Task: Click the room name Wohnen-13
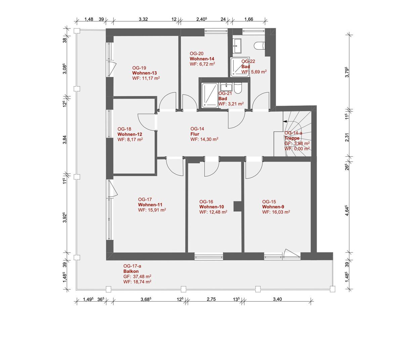click(x=144, y=73)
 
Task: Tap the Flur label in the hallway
click(x=194, y=134)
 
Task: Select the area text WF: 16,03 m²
click(x=276, y=212)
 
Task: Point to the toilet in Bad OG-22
click(x=259, y=46)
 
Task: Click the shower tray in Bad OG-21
click(x=210, y=96)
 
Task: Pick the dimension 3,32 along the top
click(x=143, y=19)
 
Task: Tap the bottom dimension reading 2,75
click(x=211, y=299)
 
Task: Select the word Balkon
click(x=131, y=271)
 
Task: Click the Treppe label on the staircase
click(x=292, y=138)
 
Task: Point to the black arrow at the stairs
click(x=285, y=121)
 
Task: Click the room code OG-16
click(x=206, y=202)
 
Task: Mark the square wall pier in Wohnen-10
click(x=237, y=206)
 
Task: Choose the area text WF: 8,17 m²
click(x=130, y=139)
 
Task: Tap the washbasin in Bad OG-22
click(x=237, y=46)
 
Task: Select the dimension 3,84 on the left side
click(x=65, y=140)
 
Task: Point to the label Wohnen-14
click(x=202, y=59)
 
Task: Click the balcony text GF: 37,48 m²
click(x=137, y=276)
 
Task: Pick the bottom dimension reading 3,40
click(x=277, y=299)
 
